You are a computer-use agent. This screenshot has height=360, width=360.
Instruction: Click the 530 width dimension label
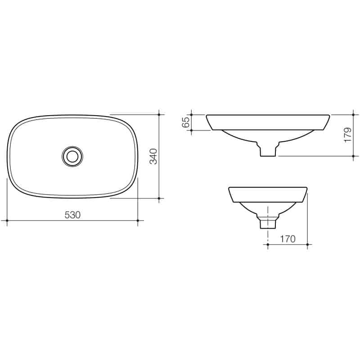(x=72, y=215)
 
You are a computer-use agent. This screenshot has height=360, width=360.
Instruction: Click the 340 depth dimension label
(x=153, y=156)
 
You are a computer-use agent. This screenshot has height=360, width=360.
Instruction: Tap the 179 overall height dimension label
(x=347, y=135)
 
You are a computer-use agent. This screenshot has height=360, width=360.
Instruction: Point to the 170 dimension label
(x=288, y=239)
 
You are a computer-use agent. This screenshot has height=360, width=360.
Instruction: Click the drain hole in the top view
(x=72, y=156)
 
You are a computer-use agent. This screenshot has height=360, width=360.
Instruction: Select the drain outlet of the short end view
(x=268, y=222)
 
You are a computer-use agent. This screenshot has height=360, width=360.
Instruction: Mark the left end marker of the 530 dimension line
(x=7, y=220)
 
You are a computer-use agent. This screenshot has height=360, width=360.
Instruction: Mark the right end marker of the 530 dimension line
(x=138, y=220)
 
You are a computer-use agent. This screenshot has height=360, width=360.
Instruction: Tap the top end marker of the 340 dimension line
(x=159, y=114)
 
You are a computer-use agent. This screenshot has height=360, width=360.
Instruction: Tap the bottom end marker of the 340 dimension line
(x=159, y=198)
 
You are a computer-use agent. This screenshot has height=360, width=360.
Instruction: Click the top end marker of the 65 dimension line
(x=192, y=114)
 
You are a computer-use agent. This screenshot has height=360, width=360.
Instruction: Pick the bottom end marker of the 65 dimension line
(x=192, y=130)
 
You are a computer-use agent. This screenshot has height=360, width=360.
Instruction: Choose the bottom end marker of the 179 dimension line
(x=353, y=156)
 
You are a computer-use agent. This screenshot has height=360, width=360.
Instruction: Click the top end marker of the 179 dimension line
(x=353, y=114)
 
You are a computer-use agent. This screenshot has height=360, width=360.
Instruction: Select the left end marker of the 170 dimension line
(x=268, y=245)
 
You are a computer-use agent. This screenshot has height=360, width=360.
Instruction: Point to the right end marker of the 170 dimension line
(x=307, y=245)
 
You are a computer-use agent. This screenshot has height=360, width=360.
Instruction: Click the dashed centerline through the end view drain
(x=268, y=229)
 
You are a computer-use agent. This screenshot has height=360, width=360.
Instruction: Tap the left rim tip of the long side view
(x=207, y=116)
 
